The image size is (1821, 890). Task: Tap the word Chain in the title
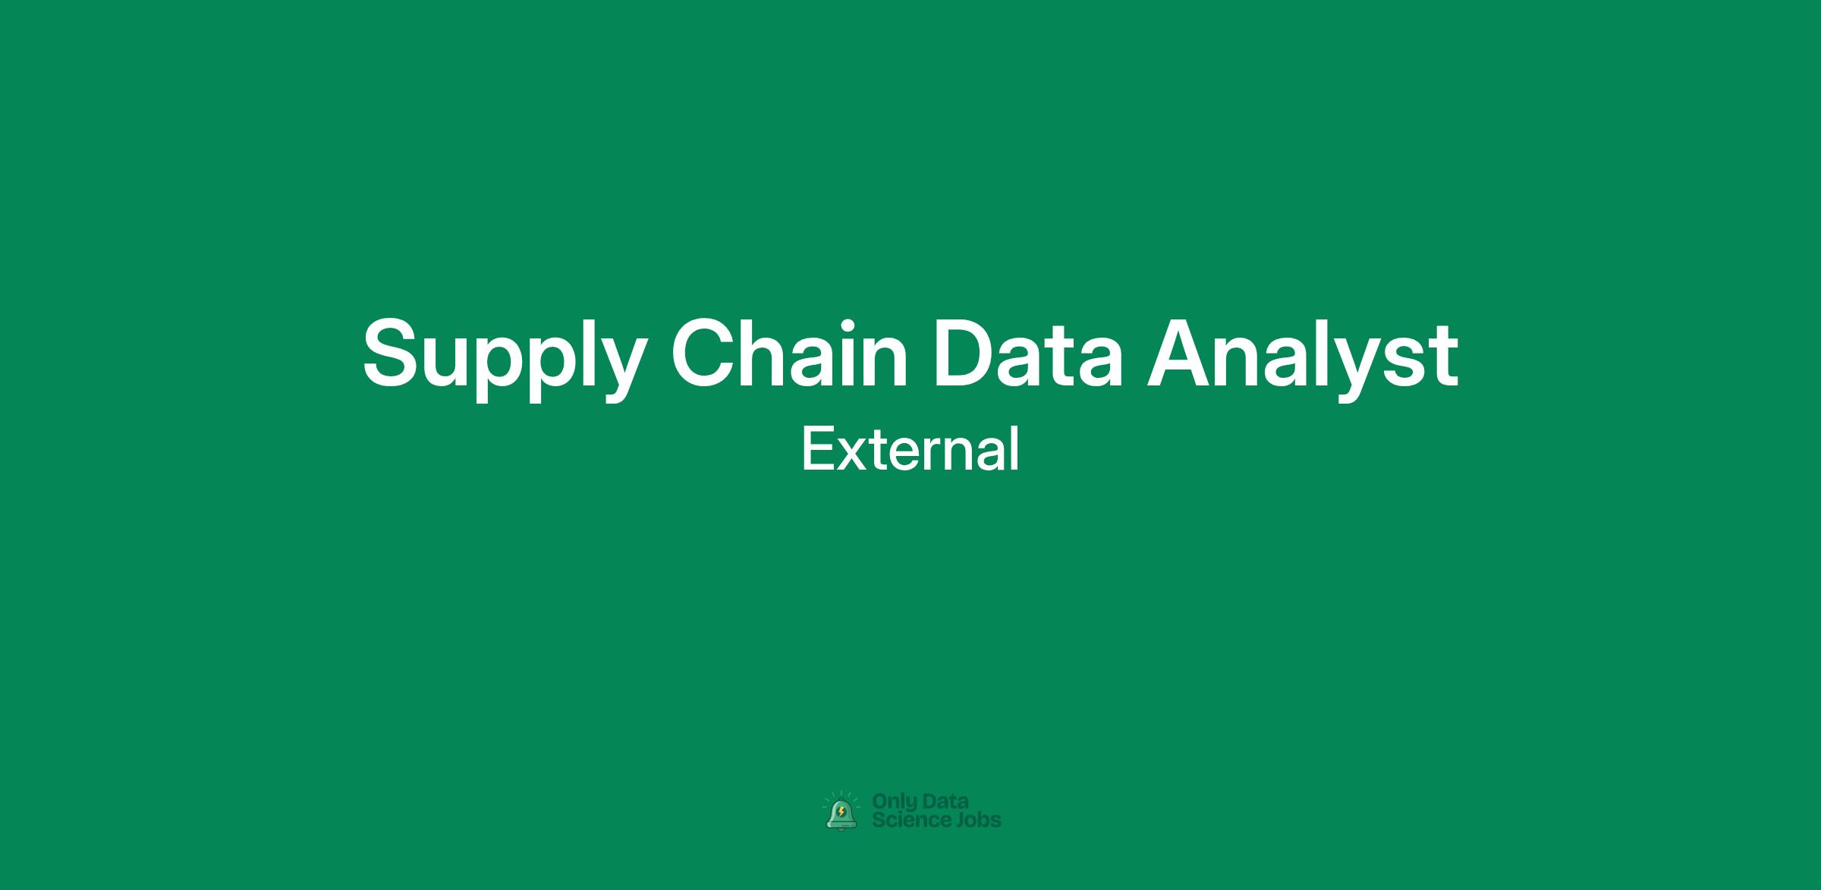pos(789,351)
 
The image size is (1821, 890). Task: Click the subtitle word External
pos(910,448)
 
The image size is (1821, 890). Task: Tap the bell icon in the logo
pos(841,813)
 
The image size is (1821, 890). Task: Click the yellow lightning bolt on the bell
pos(841,813)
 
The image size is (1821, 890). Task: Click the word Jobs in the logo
pos(978,820)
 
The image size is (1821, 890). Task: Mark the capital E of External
pos(818,448)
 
